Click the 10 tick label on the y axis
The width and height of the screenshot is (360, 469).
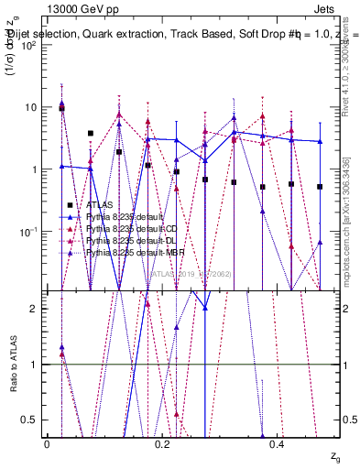(x=32, y=107)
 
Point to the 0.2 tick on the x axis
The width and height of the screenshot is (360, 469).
(x=162, y=444)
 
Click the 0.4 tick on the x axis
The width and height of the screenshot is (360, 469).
(x=278, y=444)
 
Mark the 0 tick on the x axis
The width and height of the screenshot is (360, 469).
(x=47, y=444)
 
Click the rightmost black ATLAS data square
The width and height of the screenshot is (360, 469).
(x=320, y=187)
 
